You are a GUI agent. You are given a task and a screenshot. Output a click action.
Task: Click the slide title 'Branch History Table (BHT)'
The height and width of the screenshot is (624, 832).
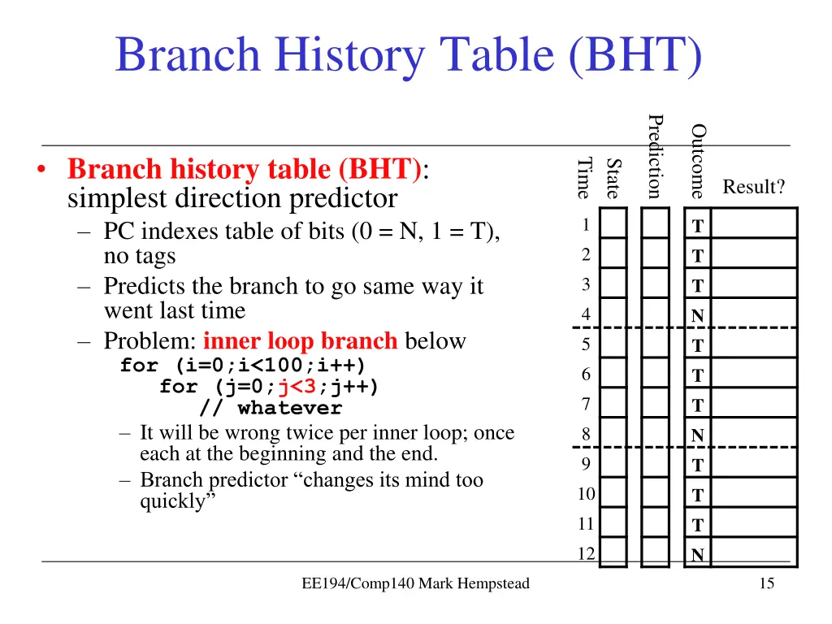pos(408,55)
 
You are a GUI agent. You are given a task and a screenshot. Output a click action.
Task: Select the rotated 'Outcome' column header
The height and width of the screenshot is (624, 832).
pos(698,161)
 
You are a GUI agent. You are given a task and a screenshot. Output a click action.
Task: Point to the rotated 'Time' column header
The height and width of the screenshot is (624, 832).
pos(583,177)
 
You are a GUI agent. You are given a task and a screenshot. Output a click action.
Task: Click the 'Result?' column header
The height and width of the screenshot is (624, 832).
pos(754,188)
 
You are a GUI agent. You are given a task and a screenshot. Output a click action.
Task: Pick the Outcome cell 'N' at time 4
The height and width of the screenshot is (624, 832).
pos(697,316)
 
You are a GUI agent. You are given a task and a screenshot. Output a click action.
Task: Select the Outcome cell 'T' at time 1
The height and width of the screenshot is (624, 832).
pos(697,226)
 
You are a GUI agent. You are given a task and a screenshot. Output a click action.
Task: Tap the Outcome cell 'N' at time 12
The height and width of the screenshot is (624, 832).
pos(697,556)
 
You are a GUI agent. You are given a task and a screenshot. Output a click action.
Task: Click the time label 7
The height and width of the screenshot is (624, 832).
pos(585,405)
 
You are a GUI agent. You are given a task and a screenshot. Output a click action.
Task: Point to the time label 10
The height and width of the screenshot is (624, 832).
pos(586,494)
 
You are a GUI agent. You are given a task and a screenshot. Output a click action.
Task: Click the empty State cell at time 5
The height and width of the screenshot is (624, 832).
pos(614,345)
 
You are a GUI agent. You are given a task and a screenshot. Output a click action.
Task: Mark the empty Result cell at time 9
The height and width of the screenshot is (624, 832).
pos(754,465)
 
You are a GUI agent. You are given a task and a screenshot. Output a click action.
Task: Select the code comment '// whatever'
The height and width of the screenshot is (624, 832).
pos(271,408)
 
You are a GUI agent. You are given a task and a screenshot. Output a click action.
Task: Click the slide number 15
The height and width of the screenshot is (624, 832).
pos(766,583)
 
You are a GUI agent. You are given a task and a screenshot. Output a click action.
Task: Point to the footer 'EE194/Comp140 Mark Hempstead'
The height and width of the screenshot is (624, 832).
pos(415,583)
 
